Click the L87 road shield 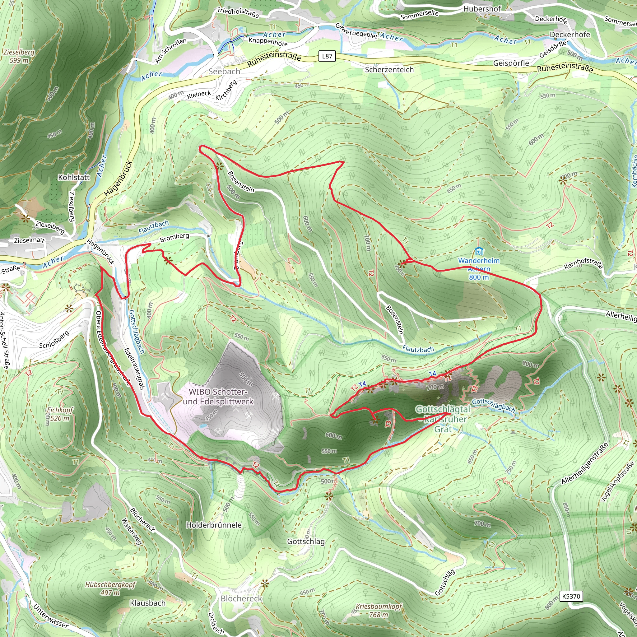tap(327, 56)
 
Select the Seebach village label tap(224, 71)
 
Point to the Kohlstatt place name tap(73, 177)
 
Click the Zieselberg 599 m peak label tap(19, 56)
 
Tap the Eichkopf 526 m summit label tap(59, 414)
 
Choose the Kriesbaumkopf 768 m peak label tap(379, 610)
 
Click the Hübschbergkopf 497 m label tap(110, 588)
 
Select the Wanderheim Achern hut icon tap(478, 252)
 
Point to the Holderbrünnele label tap(214, 525)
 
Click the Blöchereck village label tap(241, 598)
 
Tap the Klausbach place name tap(148, 603)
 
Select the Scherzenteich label tap(389, 70)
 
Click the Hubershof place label tap(482, 9)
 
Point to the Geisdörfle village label tap(511, 63)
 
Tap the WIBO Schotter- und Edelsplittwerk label tap(218, 397)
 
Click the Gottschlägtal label tap(443, 409)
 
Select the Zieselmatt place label tap(29, 240)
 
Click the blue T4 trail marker tap(432, 374)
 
